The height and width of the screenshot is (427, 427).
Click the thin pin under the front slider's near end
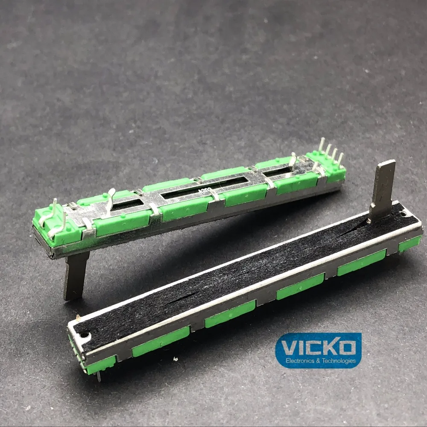click(99, 376)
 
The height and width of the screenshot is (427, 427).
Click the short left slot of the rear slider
click(128, 205)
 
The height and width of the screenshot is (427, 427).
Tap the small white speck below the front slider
click(79, 316)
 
